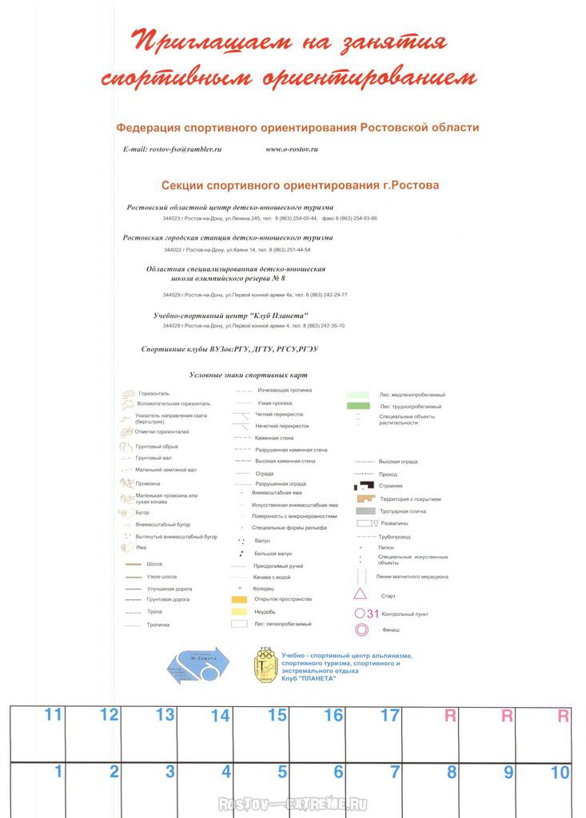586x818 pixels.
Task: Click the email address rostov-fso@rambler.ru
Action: click(172, 149)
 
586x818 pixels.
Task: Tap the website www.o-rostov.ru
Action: click(292, 149)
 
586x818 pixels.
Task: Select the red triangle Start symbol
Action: click(361, 594)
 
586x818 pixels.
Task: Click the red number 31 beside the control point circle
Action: click(373, 613)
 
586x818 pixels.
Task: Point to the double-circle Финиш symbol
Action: click(361, 629)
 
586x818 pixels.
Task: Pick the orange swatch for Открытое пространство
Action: click(238, 598)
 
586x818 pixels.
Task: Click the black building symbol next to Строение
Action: click(365, 486)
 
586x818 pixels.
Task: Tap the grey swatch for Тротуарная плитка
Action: click(365, 510)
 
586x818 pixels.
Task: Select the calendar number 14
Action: click(220, 716)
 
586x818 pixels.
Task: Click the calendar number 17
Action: click(389, 716)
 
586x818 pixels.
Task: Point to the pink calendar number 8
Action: click(451, 772)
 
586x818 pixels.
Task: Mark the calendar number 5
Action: click(282, 772)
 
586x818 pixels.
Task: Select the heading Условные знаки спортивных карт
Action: click(248, 375)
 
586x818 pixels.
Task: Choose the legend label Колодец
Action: click(264, 588)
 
